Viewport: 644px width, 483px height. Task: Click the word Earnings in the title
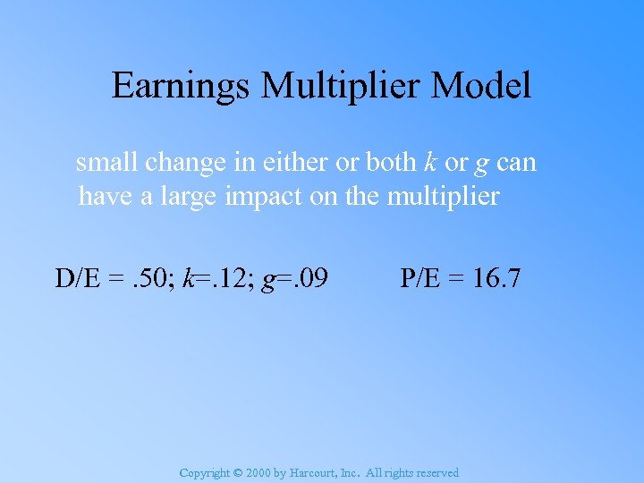click(x=182, y=87)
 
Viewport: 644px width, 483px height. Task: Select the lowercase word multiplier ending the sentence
click(x=443, y=196)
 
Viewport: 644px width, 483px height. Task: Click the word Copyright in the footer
click(x=204, y=473)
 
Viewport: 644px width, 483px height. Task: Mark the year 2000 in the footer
click(x=260, y=473)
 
